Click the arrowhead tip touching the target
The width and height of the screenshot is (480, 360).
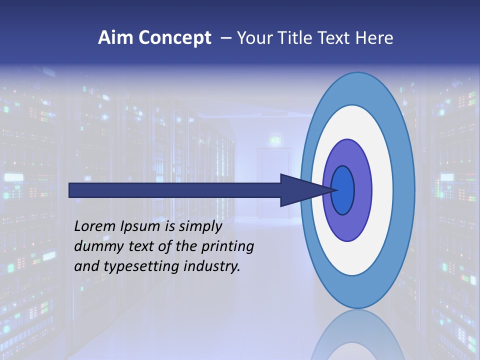coord(333,190)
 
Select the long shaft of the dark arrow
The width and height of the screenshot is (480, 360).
coord(175,190)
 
